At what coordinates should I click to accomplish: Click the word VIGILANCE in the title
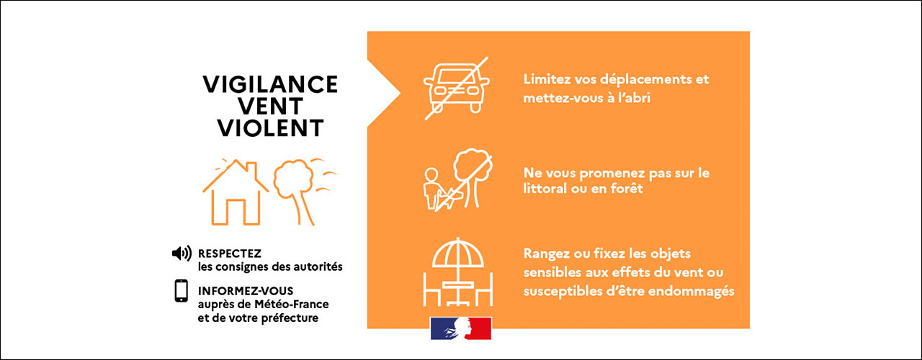coord(270,84)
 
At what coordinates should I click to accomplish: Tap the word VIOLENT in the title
coord(270,127)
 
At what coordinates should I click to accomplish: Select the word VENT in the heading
coord(270,106)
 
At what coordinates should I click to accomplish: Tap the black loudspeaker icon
coord(182,253)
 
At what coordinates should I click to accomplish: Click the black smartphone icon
coord(181,291)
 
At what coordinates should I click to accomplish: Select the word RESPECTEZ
coord(230,253)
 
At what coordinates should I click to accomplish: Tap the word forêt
coord(625,190)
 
